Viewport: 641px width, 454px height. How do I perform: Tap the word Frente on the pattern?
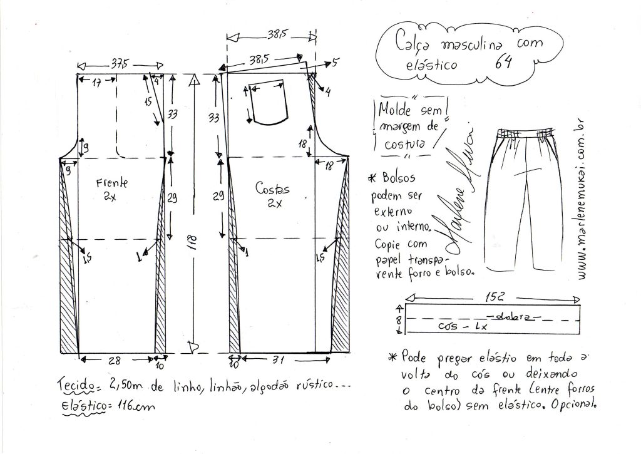click(112, 183)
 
